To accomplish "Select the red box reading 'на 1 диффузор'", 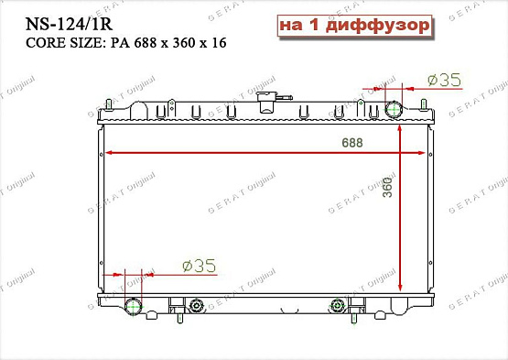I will pos(353,27).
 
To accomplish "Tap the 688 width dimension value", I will pos(351,143).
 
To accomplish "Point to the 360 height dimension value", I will pos(386,188).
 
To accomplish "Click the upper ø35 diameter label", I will pos(444,81).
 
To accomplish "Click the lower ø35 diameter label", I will pos(199,266).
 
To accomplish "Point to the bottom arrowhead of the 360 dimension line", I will pos(400,264).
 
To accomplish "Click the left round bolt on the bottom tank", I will pos(194,305).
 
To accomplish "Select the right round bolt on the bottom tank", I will pos(338,305).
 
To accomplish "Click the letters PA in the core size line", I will pos(119,43).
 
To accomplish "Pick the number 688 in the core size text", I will pos(146,43).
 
